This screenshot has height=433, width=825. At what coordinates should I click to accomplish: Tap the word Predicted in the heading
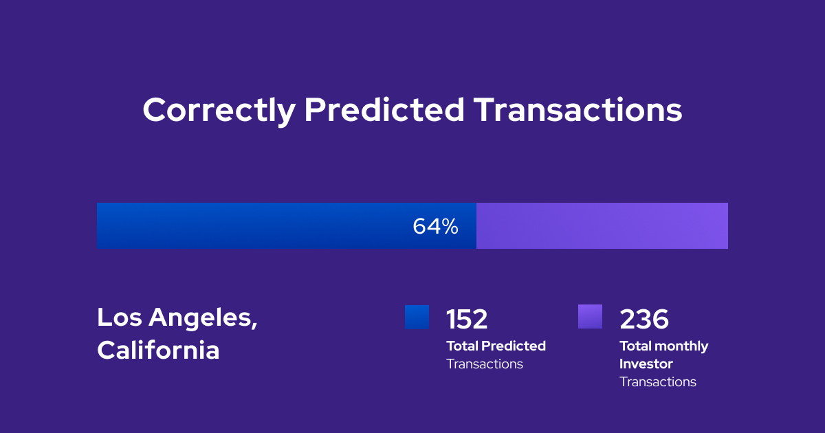pyautogui.click(x=385, y=110)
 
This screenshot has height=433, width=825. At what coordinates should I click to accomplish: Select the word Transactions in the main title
pyautogui.click(x=578, y=110)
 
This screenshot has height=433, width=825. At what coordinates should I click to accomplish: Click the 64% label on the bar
pyautogui.click(x=435, y=226)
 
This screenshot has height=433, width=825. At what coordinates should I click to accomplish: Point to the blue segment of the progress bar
pyautogui.click(x=254, y=225)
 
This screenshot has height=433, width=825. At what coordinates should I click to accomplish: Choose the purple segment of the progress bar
pyautogui.click(x=602, y=225)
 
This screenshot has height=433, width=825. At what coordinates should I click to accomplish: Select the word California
pyautogui.click(x=158, y=351)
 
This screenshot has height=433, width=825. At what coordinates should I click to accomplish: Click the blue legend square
pyautogui.click(x=417, y=317)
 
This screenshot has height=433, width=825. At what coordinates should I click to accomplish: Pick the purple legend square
pyautogui.click(x=590, y=317)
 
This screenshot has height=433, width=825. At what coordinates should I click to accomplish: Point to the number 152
pyautogui.click(x=467, y=320)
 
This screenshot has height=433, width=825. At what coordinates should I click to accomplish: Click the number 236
pyautogui.click(x=644, y=320)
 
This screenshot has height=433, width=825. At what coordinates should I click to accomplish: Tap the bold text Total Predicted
pyautogui.click(x=496, y=346)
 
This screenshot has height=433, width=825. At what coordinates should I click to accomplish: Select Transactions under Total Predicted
pyautogui.click(x=485, y=364)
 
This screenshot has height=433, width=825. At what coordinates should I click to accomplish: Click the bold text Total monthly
pyautogui.click(x=663, y=346)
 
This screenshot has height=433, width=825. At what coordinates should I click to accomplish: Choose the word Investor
pyautogui.click(x=646, y=364)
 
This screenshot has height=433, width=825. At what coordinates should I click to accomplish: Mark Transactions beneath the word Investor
pyautogui.click(x=658, y=381)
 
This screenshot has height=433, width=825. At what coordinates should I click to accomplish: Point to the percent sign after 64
pyautogui.click(x=450, y=226)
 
